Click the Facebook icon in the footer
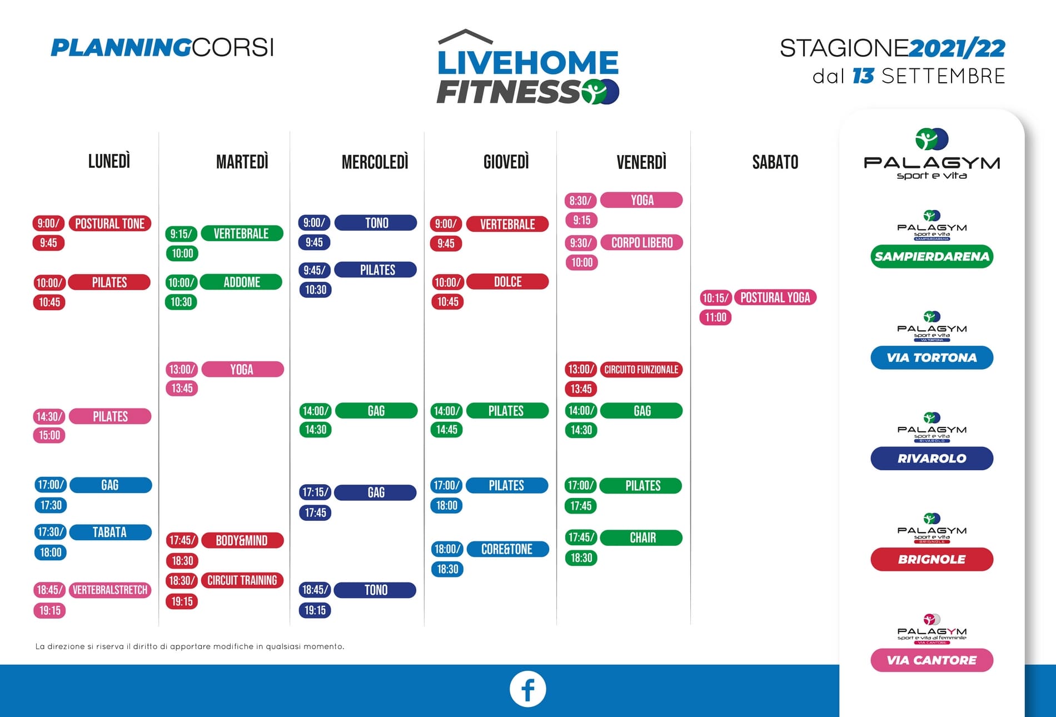tap(527, 689)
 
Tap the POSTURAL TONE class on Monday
tap(109, 223)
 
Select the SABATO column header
tap(775, 162)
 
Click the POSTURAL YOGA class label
tap(775, 297)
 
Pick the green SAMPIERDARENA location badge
tap(932, 256)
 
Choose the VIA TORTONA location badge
tap(932, 357)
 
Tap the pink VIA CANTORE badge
tap(932, 660)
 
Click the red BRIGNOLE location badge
tap(932, 559)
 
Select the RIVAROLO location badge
tap(932, 458)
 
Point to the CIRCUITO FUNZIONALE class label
tap(641, 370)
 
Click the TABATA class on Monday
tap(110, 532)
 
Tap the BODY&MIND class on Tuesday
tap(242, 540)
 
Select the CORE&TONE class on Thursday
tap(507, 549)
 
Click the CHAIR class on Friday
tap(642, 537)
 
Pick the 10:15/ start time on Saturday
tap(715, 298)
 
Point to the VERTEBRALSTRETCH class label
tap(109, 590)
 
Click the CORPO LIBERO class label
tap(641, 242)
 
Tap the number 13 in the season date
tap(863, 76)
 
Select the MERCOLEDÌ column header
tap(375, 162)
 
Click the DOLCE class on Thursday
tap(507, 282)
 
